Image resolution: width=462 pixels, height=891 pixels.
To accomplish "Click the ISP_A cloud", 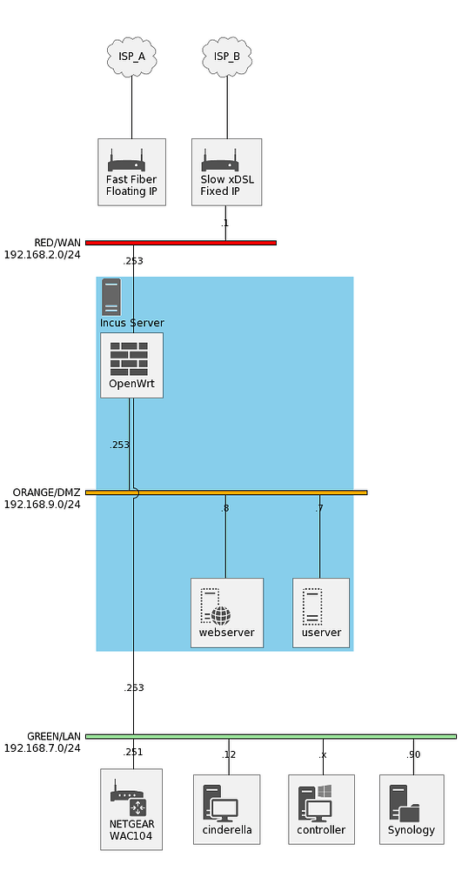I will (131, 57).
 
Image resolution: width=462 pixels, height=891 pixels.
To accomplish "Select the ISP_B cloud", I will (226, 57).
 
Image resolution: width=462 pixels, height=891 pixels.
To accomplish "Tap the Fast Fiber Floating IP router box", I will (131, 171).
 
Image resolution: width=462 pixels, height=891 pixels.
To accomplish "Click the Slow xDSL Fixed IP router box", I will (226, 171).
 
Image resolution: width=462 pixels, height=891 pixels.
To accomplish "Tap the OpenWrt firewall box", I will (131, 365).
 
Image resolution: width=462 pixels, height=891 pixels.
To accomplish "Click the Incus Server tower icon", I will (111, 297).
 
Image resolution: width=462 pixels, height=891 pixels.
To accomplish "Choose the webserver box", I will (226, 613).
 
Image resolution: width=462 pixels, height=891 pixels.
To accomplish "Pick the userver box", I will (320, 613).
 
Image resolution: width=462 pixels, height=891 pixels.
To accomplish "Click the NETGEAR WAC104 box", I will (131, 808).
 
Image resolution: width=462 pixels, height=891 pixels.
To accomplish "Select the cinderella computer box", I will (226, 809).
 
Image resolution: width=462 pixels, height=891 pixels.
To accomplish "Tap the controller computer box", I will (321, 809).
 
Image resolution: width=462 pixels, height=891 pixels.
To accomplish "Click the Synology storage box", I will (411, 809).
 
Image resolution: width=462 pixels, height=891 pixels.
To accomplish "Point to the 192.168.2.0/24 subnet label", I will (42, 255).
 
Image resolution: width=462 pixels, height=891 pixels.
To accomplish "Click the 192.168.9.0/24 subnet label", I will (42, 504).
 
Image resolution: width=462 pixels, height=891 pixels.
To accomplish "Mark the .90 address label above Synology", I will (413, 754).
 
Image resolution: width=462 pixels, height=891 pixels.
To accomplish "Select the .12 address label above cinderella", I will (229, 754).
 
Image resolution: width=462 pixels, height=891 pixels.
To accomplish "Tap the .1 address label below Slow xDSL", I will (224, 224).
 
